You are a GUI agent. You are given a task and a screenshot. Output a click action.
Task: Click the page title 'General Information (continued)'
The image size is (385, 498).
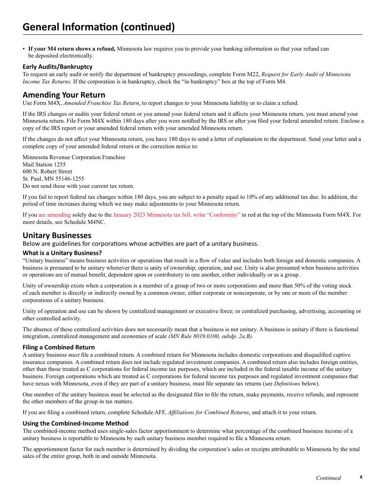point(98,27)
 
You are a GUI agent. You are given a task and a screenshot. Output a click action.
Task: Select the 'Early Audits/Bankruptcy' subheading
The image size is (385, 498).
point(58,66)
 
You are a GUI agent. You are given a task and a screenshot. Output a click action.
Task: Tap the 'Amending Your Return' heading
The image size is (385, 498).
point(64,95)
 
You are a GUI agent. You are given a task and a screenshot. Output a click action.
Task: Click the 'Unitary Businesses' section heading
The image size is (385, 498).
point(57,235)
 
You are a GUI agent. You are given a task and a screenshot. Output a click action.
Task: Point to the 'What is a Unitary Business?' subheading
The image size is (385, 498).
point(62,253)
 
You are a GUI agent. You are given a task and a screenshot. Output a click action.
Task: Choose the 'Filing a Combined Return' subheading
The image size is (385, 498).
point(58,347)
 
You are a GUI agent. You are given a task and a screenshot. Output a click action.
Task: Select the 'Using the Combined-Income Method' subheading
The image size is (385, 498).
point(75,424)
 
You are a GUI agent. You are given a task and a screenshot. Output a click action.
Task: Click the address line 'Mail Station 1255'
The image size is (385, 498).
point(44,164)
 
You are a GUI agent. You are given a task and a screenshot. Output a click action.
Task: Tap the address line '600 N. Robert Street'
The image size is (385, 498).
point(47,171)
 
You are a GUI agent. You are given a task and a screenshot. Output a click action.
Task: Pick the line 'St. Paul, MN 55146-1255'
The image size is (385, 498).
point(53,179)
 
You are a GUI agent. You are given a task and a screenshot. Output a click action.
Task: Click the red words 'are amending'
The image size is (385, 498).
point(54,215)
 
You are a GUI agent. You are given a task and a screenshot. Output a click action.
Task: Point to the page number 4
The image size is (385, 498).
point(361,477)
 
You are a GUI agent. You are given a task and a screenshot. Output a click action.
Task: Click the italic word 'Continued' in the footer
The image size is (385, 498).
point(328,478)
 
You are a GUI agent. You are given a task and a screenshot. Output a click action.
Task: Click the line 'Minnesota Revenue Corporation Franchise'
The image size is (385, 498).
point(74,157)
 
